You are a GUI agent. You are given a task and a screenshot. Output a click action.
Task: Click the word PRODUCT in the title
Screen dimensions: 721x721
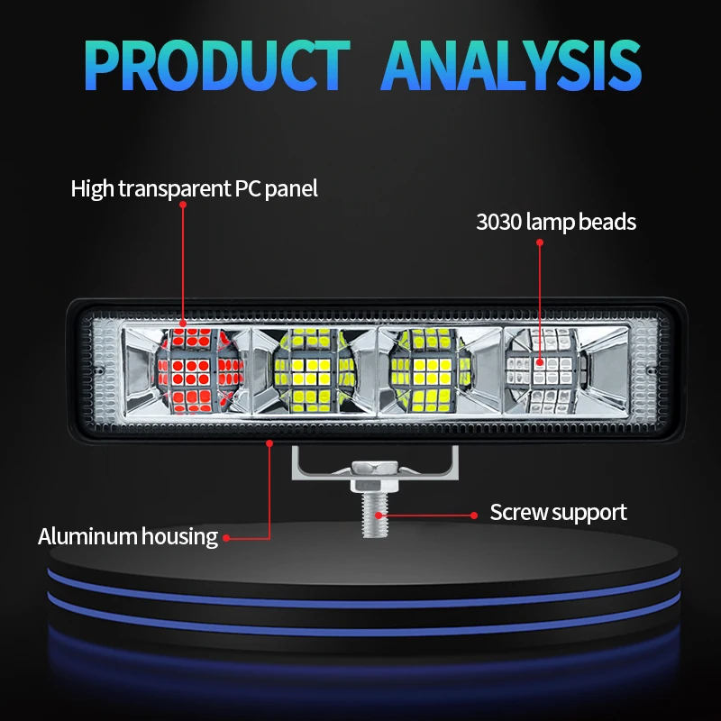click(217, 65)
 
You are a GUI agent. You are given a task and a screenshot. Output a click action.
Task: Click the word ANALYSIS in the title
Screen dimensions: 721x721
click(511, 65)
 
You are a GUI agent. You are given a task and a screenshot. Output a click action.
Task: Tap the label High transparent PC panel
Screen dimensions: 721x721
click(194, 189)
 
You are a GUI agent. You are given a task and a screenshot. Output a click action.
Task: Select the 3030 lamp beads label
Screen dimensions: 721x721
click(556, 222)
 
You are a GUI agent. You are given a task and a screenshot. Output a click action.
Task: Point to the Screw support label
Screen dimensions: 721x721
click(558, 512)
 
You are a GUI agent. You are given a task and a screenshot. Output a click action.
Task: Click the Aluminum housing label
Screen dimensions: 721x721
click(128, 536)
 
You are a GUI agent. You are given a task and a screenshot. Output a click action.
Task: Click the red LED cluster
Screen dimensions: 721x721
click(198, 370)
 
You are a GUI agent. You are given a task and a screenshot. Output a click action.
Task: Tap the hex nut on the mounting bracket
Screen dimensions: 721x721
click(375, 469)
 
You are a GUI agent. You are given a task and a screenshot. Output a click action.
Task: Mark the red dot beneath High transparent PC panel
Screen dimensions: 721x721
click(183, 205)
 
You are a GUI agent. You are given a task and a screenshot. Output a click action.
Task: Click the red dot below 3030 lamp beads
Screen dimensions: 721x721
click(540, 242)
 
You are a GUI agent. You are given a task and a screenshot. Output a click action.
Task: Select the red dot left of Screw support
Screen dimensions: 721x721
click(474, 516)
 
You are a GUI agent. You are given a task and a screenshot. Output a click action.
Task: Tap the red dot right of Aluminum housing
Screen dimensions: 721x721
click(226, 537)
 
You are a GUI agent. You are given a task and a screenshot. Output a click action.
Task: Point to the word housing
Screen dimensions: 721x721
click(179, 537)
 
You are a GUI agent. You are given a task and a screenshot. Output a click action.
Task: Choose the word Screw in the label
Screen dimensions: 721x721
click(516, 512)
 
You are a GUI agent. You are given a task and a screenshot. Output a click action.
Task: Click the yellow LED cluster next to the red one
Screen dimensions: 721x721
click(314, 370)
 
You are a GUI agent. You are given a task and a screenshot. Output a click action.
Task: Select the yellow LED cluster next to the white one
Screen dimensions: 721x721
click(431, 370)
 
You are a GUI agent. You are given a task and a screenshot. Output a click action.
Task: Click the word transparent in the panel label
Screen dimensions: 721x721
click(175, 189)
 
